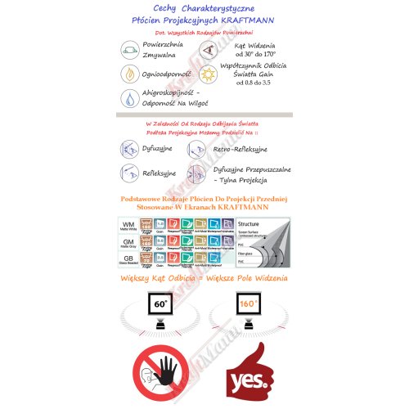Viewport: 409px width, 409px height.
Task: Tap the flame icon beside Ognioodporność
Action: point(129,74)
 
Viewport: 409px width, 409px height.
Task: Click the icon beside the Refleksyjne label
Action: point(129,173)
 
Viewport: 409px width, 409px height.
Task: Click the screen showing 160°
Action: point(248,309)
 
